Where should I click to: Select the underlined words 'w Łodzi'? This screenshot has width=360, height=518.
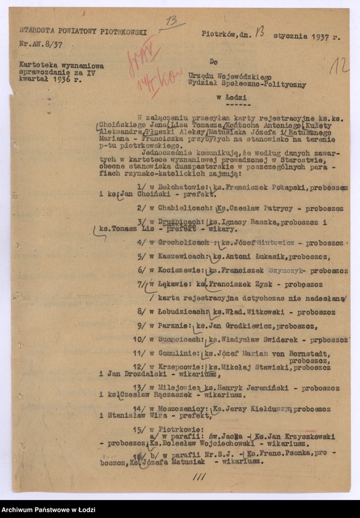[230, 97]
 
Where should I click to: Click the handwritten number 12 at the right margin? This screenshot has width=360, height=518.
[338, 65]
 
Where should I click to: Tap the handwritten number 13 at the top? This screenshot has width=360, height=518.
[171, 21]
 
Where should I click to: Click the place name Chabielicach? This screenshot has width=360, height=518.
[176, 208]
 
